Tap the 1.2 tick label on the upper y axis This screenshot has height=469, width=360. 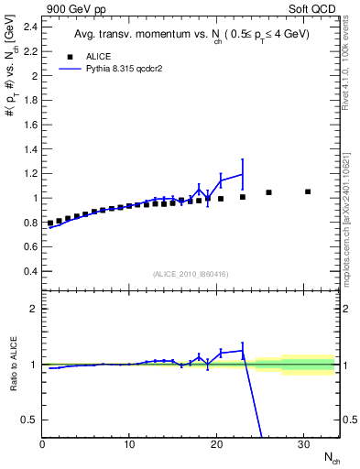click(x=29, y=173)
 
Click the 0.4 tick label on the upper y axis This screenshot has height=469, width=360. click(x=29, y=271)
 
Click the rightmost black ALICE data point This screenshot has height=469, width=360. click(x=308, y=191)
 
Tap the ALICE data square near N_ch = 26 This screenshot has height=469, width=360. click(x=268, y=192)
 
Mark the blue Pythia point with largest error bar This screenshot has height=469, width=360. click(x=243, y=174)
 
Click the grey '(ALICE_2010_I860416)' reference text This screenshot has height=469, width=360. click(x=191, y=274)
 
